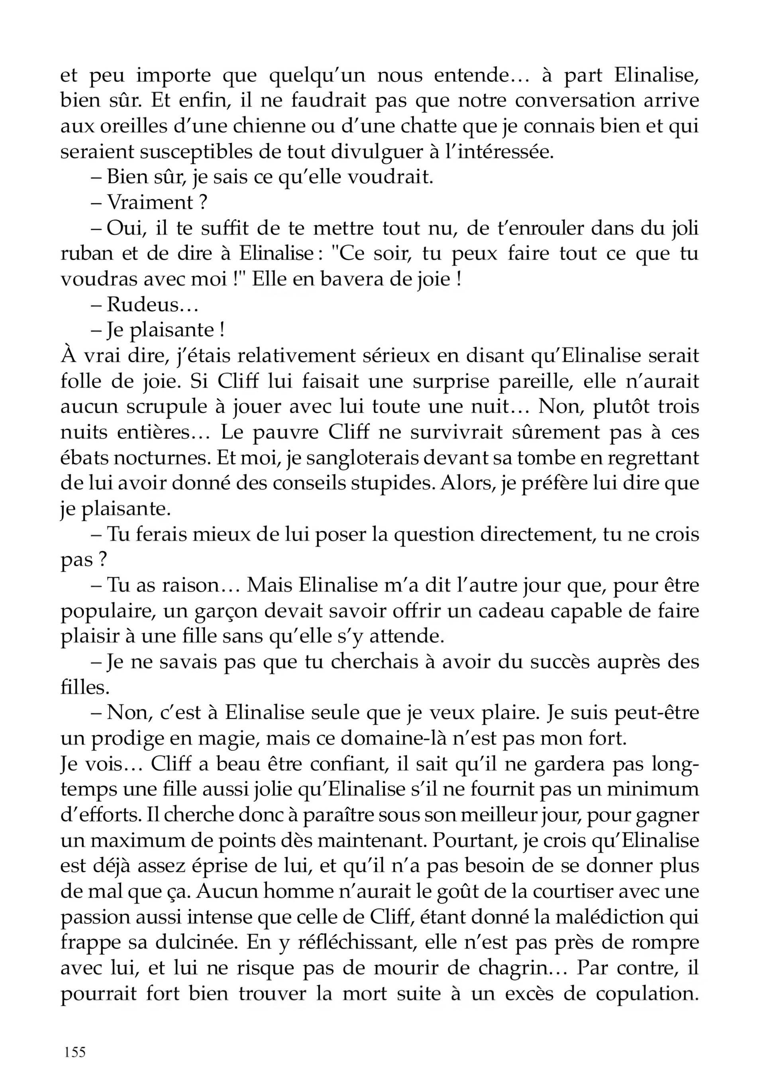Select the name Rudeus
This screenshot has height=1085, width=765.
146,305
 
